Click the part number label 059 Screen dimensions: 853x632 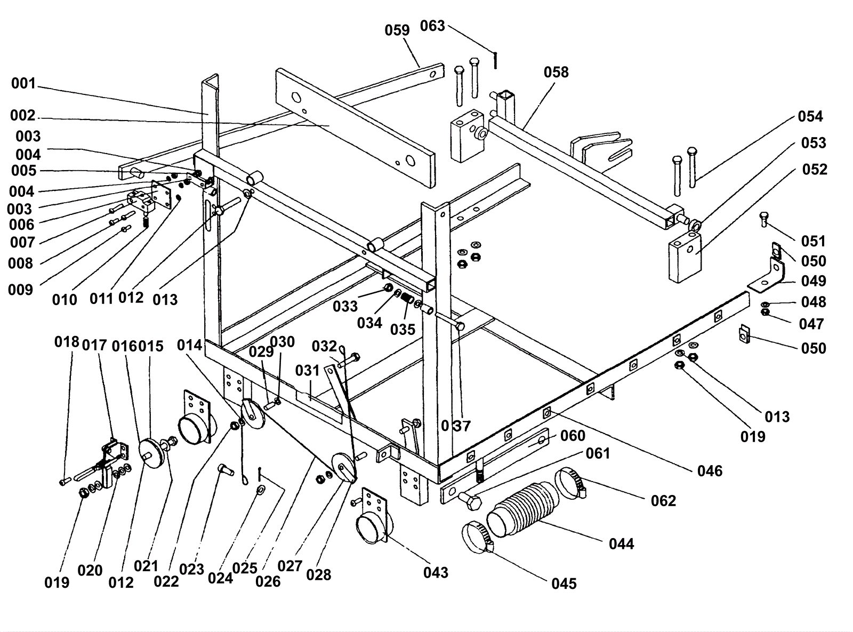pos(397,30)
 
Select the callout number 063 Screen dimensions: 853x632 pos(432,26)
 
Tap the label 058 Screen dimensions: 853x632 pos(556,72)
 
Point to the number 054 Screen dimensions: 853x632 pos(810,116)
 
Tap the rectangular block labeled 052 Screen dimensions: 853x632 pos(685,256)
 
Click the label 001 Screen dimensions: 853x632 pos(23,83)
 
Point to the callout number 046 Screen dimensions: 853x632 pos(710,471)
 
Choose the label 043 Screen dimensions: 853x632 pos(436,573)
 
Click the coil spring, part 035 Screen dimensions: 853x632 pos(407,298)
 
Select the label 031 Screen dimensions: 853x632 pos(308,371)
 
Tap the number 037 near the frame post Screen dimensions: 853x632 pos(456,426)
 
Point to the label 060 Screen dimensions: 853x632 pos(573,436)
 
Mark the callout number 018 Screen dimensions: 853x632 pos(67,342)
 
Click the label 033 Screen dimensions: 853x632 pos(345,307)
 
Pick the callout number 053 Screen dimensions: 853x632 pos(814,143)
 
